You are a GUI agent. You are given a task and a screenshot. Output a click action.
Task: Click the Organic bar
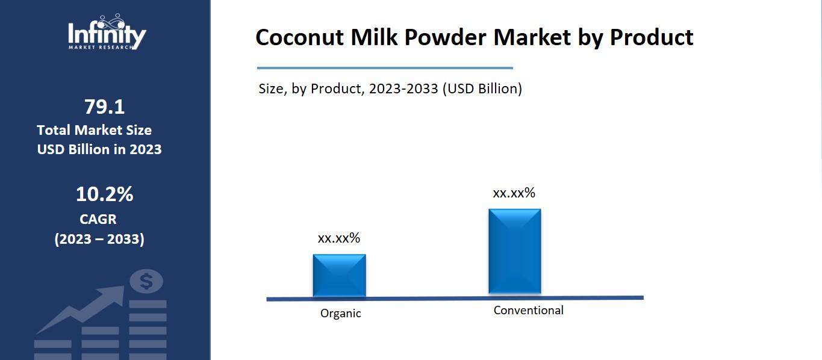click(x=339, y=275)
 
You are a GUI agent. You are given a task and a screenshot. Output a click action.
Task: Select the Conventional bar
click(x=514, y=251)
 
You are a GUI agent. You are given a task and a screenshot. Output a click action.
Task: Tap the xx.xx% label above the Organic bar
click(x=338, y=238)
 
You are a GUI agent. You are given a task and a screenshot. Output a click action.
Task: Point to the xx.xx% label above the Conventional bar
click(x=514, y=193)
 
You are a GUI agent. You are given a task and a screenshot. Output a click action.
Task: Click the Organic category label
click(x=340, y=313)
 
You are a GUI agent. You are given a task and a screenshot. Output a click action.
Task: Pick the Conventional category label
click(x=528, y=310)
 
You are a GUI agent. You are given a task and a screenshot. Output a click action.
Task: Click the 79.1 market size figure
click(x=104, y=107)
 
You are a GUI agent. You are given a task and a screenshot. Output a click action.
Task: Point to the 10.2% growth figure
click(x=104, y=194)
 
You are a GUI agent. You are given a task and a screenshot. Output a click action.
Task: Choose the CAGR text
click(x=98, y=219)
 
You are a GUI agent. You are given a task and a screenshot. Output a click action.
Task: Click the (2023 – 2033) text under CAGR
click(x=99, y=239)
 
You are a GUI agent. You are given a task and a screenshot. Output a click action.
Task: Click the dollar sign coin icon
click(x=146, y=281)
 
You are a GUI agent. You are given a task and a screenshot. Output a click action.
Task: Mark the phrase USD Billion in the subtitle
click(x=481, y=88)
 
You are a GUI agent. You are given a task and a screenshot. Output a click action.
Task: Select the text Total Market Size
click(x=94, y=130)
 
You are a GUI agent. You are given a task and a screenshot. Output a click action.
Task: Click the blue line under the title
click(x=385, y=68)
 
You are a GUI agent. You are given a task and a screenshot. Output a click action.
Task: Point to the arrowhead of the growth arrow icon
click(x=118, y=294)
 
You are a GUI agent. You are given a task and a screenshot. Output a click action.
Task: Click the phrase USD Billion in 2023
click(x=99, y=149)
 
